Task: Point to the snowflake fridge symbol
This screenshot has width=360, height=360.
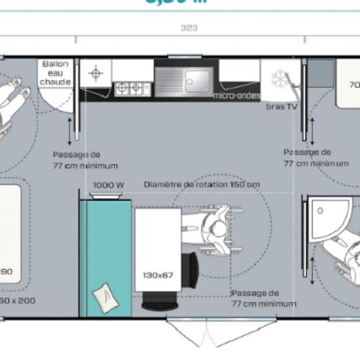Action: [x=278, y=80]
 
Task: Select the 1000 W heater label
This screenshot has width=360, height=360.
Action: [x=108, y=184]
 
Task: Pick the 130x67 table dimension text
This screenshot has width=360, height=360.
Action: [x=157, y=274]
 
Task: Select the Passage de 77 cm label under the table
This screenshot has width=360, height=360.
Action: [x=262, y=298]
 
